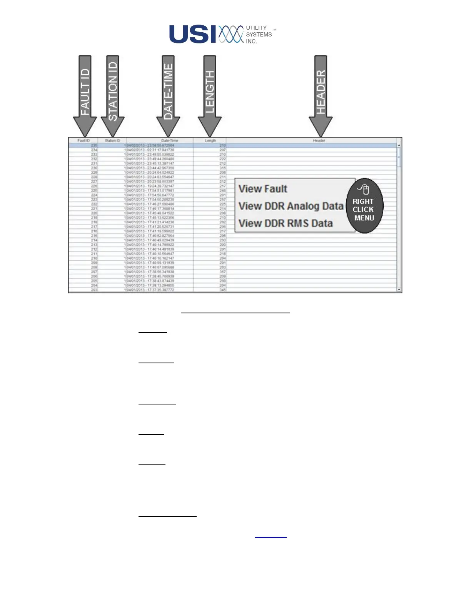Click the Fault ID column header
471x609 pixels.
[83, 141]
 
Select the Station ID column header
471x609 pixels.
[112, 141]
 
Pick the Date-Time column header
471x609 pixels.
[169, 141]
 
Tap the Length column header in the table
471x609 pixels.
[210, 141]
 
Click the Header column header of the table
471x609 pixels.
[319, 141]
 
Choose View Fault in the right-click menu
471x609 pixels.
[263, 189]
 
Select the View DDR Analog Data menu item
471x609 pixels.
[291, 206]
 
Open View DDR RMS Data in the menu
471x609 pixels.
[285, 223]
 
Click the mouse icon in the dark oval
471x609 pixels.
[364, 190]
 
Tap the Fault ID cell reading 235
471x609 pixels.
[94, 145]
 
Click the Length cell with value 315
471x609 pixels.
[222, 168]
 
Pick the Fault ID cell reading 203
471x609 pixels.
[94, 290]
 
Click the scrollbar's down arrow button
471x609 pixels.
[399, 290]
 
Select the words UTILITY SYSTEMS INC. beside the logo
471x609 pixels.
[259, 35]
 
